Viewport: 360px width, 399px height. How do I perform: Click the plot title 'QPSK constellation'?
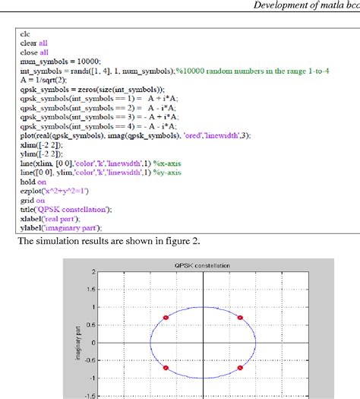pyautogui.click(x=201, y=265)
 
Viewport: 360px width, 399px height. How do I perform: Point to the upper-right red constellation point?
pyautogui.click(x=240, y=317)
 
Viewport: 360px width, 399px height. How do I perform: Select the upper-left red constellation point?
pyautogui.click(x=166, y=317)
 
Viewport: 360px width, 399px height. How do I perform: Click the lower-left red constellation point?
pyautogui.click(x=166, y=368)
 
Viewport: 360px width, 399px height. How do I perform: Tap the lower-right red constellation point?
pyautogui.click(x=240, y=368)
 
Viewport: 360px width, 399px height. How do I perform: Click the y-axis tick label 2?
pyautogui.click(x=93, y=272)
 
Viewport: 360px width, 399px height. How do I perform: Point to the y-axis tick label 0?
pyautogui.click(x=93, y=343)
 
